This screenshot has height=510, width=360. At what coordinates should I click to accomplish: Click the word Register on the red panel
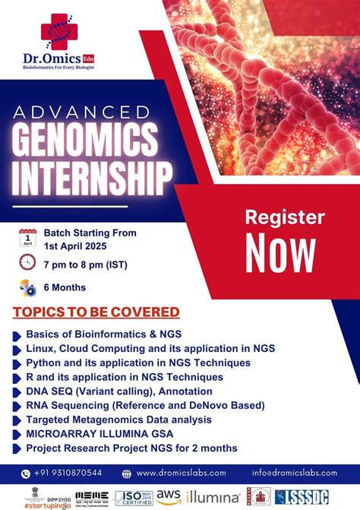[283, 217]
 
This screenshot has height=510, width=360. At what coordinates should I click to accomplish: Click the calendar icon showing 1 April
[27, 238]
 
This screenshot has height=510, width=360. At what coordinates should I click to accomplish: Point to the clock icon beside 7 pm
[27, 262]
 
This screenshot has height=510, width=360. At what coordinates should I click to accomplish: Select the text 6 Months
[65, 287]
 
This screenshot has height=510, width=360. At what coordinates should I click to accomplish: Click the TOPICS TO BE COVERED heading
[96, 312]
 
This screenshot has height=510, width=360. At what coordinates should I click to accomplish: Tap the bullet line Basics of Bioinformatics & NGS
[103, 334]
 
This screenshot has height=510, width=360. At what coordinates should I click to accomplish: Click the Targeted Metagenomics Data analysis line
[118, 419]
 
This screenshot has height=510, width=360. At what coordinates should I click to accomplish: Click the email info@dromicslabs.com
[298, 472]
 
